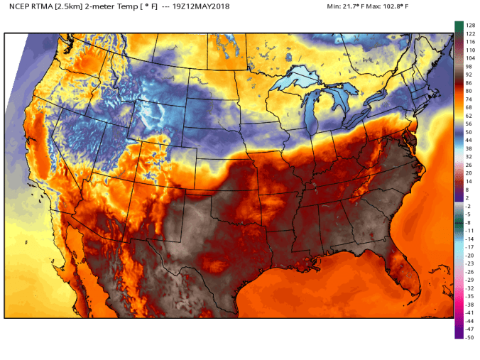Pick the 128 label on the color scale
point(469,26)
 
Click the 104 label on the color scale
point(469,58)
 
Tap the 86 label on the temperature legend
point(469,82)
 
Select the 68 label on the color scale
point(469,107)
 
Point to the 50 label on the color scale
point(469,132)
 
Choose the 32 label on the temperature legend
point(469,156)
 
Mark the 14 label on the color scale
point(469,181)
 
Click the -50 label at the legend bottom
point(469,337)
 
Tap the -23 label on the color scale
point(469,263)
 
